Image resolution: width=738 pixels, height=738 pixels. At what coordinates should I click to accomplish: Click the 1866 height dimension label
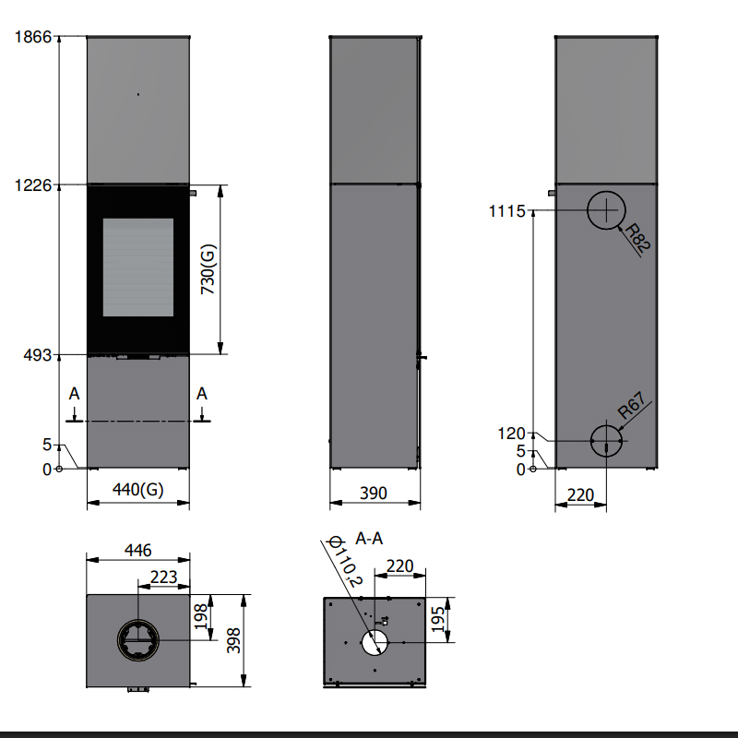point(32,37)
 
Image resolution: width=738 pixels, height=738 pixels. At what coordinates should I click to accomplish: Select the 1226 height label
point(32,185)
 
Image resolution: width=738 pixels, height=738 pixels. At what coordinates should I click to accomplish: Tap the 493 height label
point(37,355)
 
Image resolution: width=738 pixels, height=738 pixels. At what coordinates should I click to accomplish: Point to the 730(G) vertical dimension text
point(208,269)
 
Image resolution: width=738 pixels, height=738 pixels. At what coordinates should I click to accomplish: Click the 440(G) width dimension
point(137,490)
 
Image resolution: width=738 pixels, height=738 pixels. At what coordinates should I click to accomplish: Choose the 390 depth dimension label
point(374,494)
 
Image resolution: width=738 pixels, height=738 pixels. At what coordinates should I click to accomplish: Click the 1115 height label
point(506,211)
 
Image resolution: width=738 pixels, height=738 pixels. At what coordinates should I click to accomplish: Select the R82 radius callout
point(637,238)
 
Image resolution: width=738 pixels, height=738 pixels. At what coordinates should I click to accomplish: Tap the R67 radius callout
point(631,406)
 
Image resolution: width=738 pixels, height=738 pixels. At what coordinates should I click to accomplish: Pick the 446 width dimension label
point(137,550)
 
